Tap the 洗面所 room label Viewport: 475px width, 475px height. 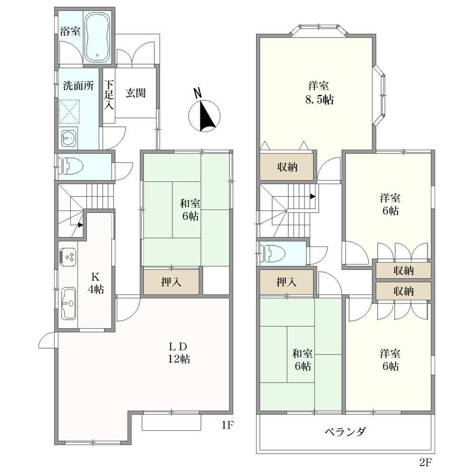click(78, 86)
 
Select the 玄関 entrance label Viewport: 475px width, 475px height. click(136, 93)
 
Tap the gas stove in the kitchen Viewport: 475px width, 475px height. click(68, 257)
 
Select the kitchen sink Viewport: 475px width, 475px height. click(68, 303)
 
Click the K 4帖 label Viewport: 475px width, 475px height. click(96, 283)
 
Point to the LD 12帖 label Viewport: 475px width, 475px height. click(179, 352)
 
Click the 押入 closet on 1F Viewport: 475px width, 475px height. click(171, 282)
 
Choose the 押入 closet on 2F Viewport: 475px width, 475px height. click(286, 282)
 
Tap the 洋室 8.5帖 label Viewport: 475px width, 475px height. click(319, 93)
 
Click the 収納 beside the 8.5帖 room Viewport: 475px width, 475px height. click(286, 167)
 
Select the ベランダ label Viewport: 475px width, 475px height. click(346, 431)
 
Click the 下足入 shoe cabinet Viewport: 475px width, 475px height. click(109, 95)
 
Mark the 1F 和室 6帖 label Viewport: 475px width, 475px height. click(190, 209)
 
